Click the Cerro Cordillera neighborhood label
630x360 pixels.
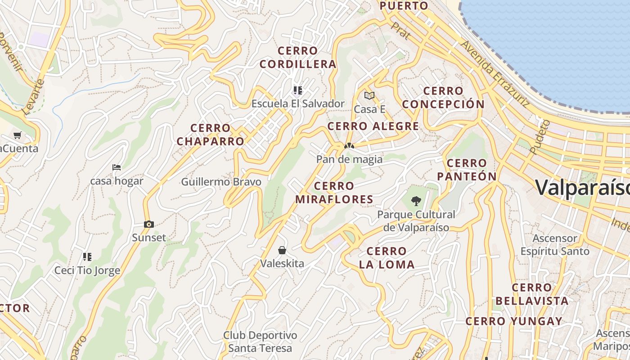298,57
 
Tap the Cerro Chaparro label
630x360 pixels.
210,135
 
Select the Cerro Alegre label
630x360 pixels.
373,126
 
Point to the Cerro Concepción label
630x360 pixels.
443,98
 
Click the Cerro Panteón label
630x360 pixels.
467,170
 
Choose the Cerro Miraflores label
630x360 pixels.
334,193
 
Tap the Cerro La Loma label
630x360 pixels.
387,258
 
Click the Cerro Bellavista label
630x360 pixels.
532,294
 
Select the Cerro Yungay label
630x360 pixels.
514,321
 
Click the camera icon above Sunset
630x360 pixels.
149,224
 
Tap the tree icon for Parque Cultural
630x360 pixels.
416,201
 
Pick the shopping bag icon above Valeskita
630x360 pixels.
282,250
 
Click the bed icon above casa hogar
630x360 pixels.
117,167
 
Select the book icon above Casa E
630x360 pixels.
369,95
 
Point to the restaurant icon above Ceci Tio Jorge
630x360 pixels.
87,257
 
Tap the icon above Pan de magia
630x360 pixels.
349,146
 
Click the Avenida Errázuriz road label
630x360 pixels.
495,74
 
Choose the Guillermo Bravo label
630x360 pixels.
221,182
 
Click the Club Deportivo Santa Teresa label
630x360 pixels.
260,342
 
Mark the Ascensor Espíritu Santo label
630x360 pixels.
555,244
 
